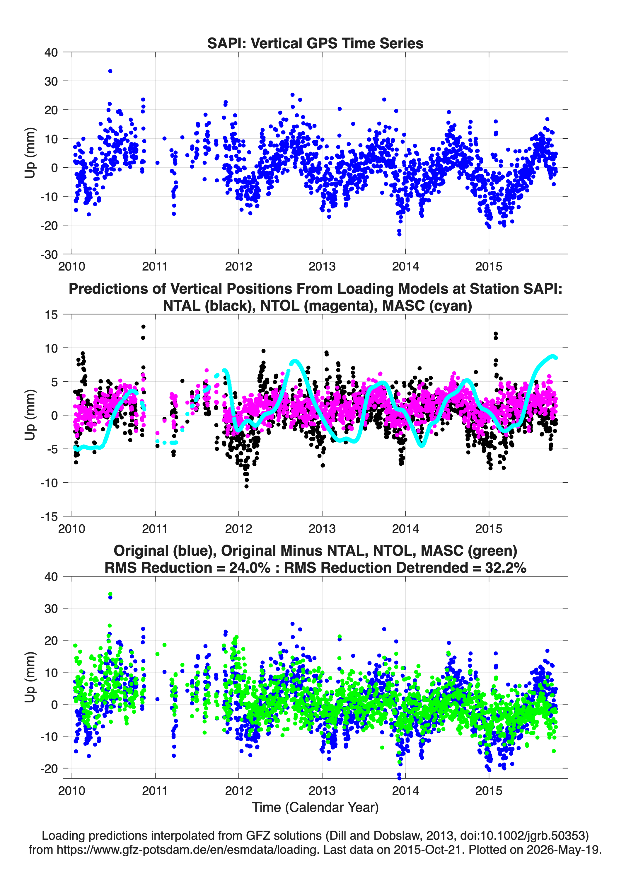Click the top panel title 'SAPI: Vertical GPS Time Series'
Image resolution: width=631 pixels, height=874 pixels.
[315, 43]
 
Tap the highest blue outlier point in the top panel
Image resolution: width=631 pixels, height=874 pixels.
[110, 71]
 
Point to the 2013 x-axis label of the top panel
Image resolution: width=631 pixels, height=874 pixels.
[322, 266]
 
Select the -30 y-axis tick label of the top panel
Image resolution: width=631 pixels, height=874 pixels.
[49, 254]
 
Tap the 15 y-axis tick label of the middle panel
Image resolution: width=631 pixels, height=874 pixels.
[51, 315]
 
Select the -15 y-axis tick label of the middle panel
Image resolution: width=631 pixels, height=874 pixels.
[49, 516]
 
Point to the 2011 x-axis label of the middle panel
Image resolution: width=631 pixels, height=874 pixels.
[155, 528]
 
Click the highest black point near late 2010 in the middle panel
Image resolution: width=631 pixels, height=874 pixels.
[143, 327]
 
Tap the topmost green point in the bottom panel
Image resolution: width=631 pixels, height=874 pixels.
[110, 594]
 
